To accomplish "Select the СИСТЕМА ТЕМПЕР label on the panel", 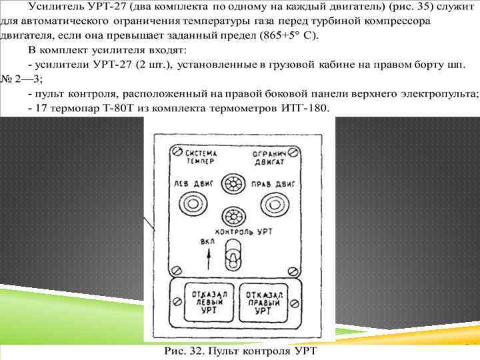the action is [x=201, y=157].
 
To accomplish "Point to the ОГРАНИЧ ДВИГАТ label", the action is [x=269, y=157].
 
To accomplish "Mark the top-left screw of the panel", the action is [x=177, y=149].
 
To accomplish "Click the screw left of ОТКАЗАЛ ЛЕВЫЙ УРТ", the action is [x=178, y=303].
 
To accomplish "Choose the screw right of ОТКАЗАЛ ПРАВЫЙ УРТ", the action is [x=292, y=303].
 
